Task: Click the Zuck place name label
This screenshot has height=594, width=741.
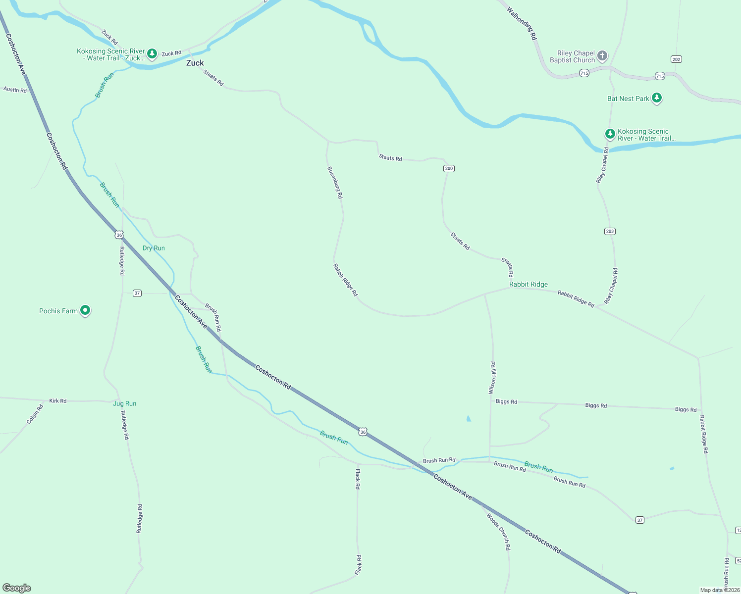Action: tap(195, 63)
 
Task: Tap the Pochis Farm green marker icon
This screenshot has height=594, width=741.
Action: tap(85, 310)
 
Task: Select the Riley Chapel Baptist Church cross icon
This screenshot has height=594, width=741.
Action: tap(602, 55)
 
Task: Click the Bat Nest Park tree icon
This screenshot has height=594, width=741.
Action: tap(657, 98)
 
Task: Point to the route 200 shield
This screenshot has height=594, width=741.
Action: tap(449, 168)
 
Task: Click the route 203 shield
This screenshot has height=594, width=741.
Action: tap(610, 231)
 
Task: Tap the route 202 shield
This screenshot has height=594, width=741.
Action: tap(677, 59)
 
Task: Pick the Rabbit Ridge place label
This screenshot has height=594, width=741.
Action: tap(529, 284)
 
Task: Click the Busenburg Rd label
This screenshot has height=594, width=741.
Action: tap(335, 183)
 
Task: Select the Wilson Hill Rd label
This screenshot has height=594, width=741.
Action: tap(492, 378)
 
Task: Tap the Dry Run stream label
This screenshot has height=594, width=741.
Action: tap(154, 248)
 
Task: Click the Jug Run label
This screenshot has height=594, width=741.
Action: tap(124, 403)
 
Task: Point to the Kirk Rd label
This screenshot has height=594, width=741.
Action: tap(58, 400)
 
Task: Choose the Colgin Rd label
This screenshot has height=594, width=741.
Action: tap(35, 414)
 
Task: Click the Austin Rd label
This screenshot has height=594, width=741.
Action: tap(15, 90)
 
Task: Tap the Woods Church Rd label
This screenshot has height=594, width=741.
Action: tap(498, 532)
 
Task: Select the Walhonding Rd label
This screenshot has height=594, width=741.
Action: tap(522, 23)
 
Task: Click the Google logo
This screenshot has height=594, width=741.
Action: tap(17, 588)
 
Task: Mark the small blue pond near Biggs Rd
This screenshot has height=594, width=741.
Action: tap(469, 419)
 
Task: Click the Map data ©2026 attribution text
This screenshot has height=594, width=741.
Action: tap(720, 590)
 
